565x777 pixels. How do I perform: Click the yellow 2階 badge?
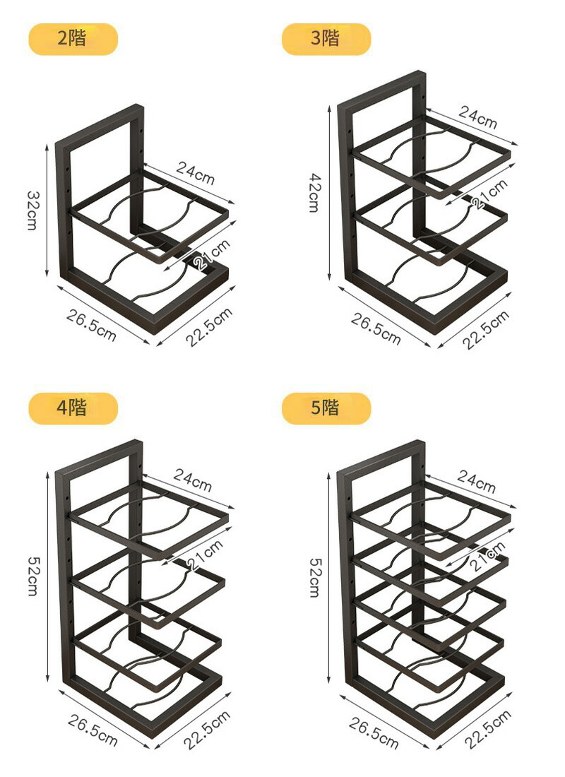click(x=73, y=39)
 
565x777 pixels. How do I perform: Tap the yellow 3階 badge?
click(x=326, y=39)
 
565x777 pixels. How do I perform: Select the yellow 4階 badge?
click(x=73, y=408)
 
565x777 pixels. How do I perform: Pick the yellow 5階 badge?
click(x=326, y=408)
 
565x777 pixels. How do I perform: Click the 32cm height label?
click(x=32, y=210)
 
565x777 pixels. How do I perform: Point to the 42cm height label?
click(x=315, y=192)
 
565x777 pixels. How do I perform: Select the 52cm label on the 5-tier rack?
click(x=315, y=577)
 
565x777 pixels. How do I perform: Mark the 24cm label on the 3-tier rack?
click(x=477, y=117)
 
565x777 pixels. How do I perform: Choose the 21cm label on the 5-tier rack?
click(x=487, y=556)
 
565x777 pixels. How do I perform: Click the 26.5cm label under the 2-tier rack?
click(x=91, y=326)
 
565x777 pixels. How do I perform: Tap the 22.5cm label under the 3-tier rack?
click(x=486, y=330)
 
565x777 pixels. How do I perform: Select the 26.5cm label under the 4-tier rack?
click(x=93, y=730)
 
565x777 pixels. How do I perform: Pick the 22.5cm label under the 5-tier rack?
click(x=488, y=729)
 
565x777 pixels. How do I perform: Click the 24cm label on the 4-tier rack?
click(x=193, y=480)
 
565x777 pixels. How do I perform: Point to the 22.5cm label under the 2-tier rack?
click(x=209, y=327)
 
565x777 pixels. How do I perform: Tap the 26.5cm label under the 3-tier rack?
click(x=376, y=328)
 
